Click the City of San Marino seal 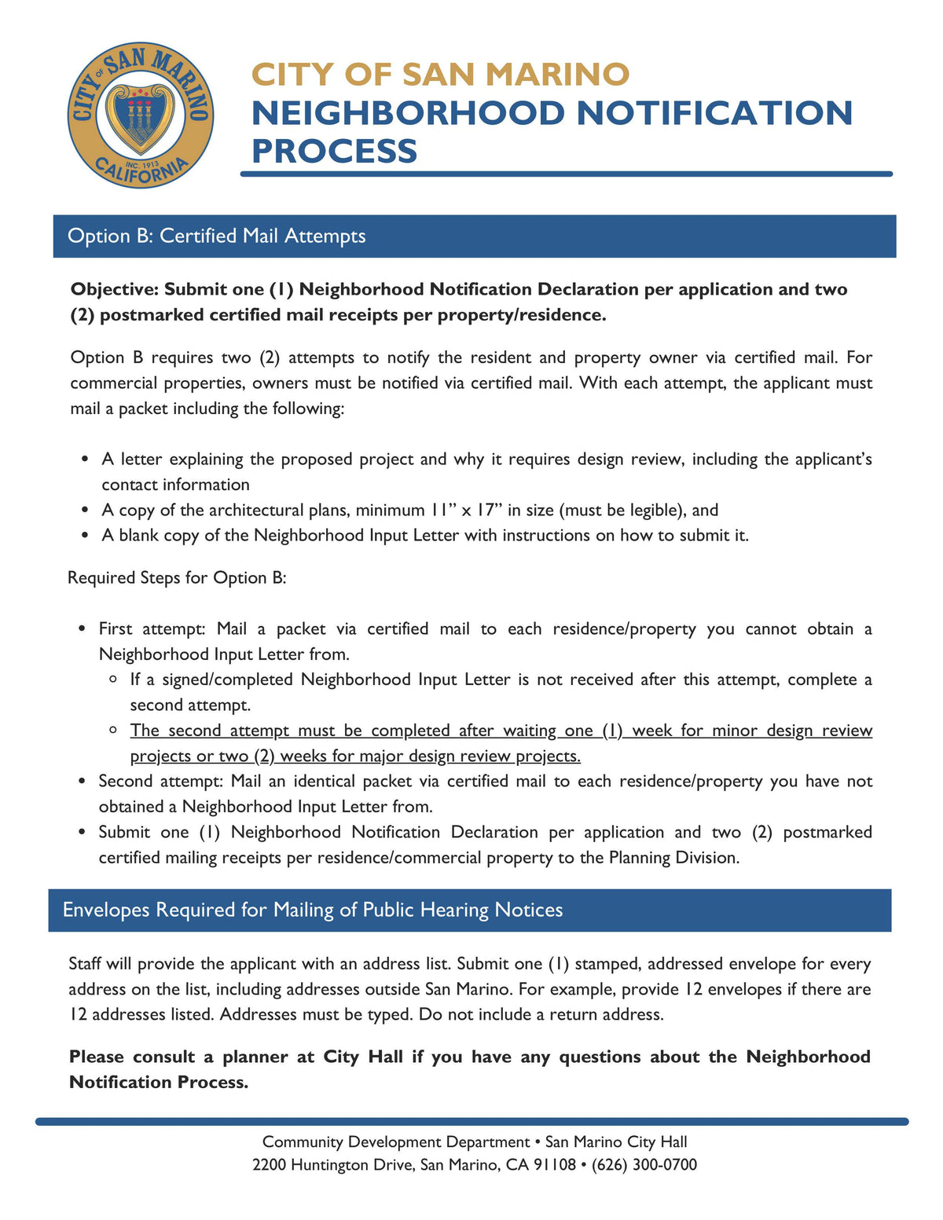tap(140, 115)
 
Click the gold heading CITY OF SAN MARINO tap(440, 75)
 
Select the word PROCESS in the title tap(334, 151)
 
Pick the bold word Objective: tap(115, 289)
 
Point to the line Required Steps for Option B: tap(177, 577)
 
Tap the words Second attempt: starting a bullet tap(160, 781)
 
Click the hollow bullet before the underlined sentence tap(115, 730)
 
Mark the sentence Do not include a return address tap(541, 1014)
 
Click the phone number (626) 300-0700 tap(642, 1164)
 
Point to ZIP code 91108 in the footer tap(555, 1164)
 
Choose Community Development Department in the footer tap(395, 1141)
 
